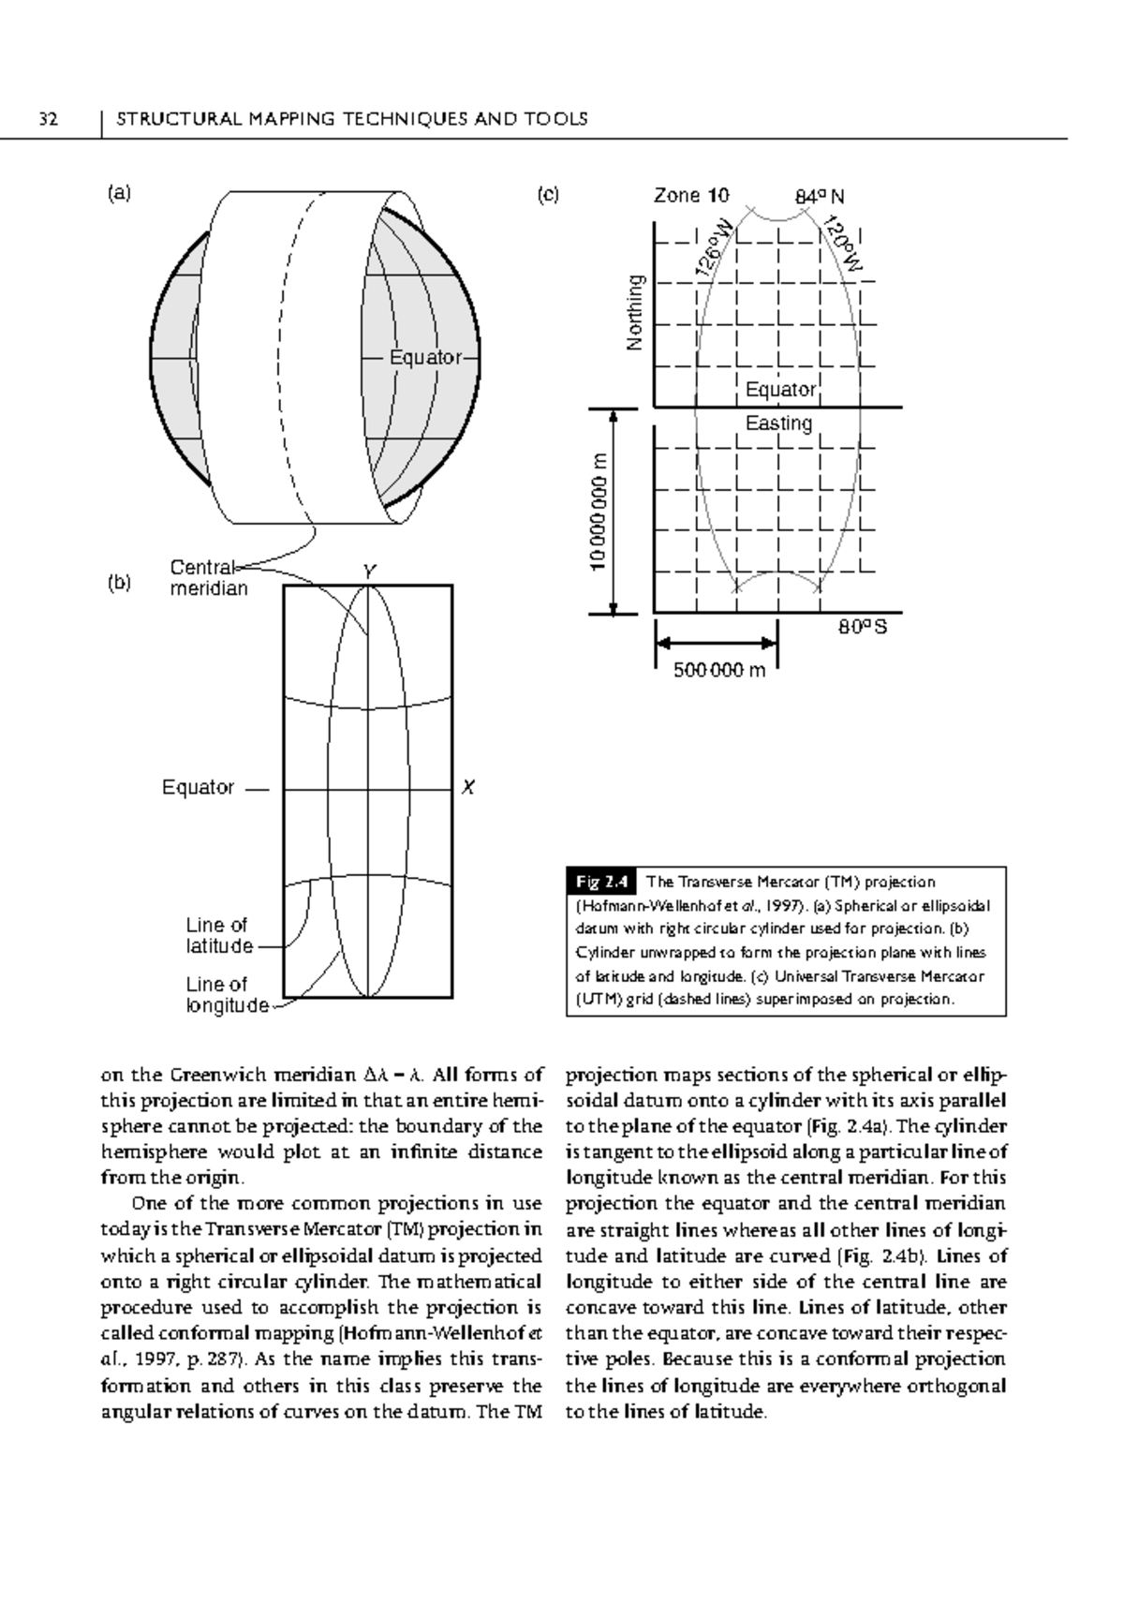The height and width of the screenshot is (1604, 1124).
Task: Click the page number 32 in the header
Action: tap(48, 119)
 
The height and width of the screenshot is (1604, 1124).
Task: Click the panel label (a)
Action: tap(119, 194)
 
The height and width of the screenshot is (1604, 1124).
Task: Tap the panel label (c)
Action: tap(548, 194)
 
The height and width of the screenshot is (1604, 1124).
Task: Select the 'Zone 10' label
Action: tap(690, 196)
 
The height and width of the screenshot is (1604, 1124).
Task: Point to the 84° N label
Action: tap(820, 197)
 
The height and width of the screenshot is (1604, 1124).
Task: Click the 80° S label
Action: tap(862, 628)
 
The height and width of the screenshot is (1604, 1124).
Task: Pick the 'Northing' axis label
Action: tap(636, 314)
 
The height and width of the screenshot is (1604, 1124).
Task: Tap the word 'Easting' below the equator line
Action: tap(778, 423)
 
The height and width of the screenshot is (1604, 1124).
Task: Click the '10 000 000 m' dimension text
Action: tap(600, 512)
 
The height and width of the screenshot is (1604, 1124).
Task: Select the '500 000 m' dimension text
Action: tap(719, 670)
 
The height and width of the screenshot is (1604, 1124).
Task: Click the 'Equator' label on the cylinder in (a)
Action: tap(425, 358)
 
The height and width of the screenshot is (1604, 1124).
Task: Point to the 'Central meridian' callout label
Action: tap(208, 578)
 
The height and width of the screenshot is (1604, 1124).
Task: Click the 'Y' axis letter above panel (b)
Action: tap(369, 571)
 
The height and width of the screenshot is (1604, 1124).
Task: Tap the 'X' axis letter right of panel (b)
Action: tap(468, 788)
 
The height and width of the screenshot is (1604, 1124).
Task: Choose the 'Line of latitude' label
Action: tap(219, 936)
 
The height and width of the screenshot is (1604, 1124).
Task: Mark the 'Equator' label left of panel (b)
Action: tap(198, 788)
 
